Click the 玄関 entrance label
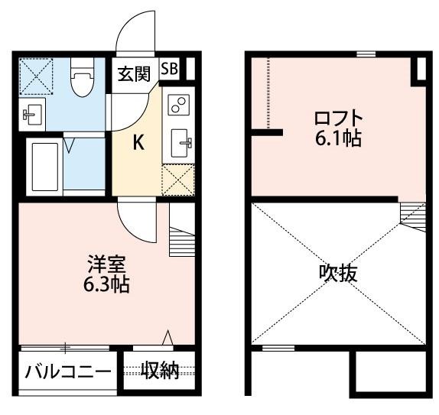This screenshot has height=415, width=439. [135, 74]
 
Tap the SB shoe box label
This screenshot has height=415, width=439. [170, 69]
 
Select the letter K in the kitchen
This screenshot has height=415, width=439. [139, 142]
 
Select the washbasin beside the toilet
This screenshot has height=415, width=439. [31, 115]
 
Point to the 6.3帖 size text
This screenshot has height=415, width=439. [106, 285]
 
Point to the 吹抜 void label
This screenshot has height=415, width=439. [338, 273]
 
